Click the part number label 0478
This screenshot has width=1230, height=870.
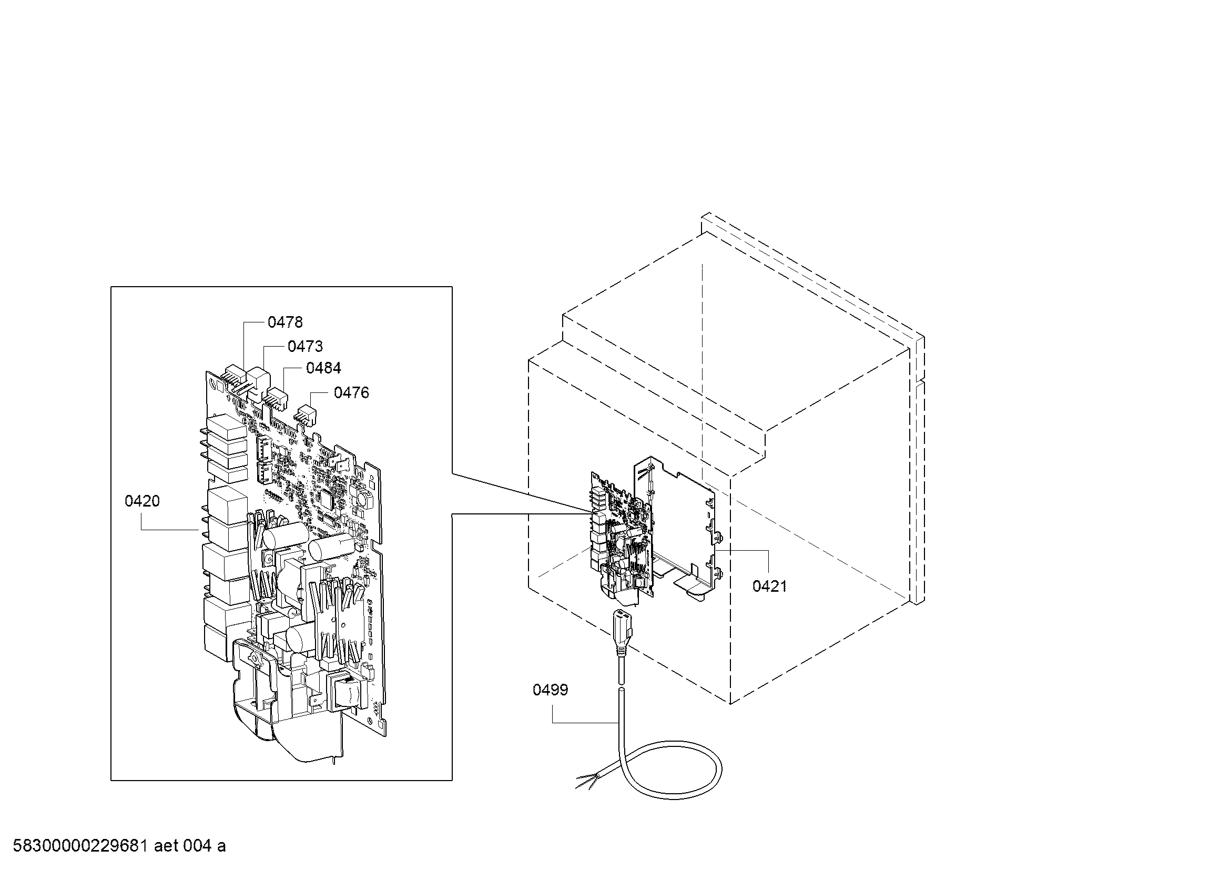[285, 322]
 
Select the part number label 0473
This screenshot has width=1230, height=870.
[306, 347]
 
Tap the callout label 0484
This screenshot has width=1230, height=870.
[323, 368]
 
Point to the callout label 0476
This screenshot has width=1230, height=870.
[351, 393]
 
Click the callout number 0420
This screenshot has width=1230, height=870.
[142, 501]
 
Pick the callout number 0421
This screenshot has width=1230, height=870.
[770, 586]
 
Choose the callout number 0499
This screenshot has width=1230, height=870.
[550, 690]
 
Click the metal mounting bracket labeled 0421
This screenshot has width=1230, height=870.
[680, 528]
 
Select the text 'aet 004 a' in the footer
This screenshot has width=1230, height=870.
[190, 846]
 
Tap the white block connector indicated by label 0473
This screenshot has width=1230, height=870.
[259, 381]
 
